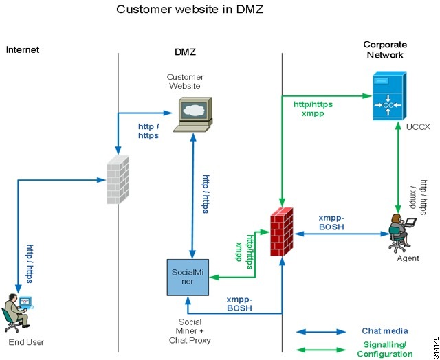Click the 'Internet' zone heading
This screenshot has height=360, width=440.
click(x=23, y=49)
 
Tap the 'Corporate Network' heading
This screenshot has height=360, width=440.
click(x=385, y=49)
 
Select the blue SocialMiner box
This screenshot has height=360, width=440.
click(x=187, y=277)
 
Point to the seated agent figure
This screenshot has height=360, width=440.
click(x=399, y=232)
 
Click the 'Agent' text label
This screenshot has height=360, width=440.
click(x=408, y=259)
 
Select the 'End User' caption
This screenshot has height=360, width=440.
click(x=25, y=341)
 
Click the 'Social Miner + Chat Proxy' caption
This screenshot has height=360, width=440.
click(x=190, y=331)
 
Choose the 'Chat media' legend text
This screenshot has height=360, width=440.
click(x=385, y=331)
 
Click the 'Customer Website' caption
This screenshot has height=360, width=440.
click(x=184, y=81)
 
